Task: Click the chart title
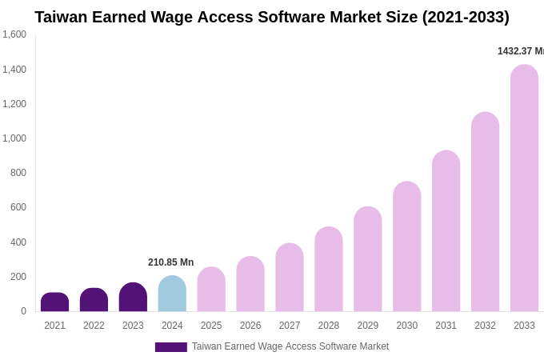[x=272, y=17]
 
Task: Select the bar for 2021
[x=54, y=302]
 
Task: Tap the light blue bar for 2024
[x=172, y=294]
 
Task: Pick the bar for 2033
[x=524, y=188]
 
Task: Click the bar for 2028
[x=329, y=270]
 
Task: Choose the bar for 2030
[x=406, y=246]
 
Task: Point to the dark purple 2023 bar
[x=133, y=298]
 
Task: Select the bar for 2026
[x=250, y=284]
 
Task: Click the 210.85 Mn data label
[x=170, y=262]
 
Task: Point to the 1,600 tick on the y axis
[x=14, y=34]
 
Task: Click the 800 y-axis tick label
[x=18, y=173]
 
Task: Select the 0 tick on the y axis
[x=23, y=311]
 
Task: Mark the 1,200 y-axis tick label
[x=14, y=104]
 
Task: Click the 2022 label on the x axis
[x=94, y=326]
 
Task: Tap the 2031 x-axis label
[x=446, y=326]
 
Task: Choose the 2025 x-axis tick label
[x=211, y=326]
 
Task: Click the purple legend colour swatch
[x=170, y=347]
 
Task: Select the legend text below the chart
[x=290, y=346]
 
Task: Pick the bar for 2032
[x=485, y=212]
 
